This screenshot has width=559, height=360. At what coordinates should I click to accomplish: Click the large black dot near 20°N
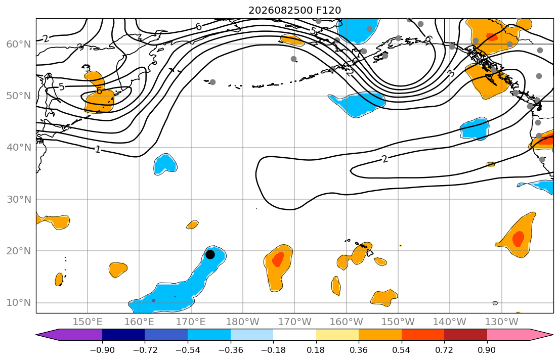210,254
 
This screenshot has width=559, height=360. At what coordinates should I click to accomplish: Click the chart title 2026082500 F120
294,10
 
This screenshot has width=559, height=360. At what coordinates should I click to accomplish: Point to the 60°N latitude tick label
19,44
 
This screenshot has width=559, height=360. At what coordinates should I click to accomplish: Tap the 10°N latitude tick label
19,303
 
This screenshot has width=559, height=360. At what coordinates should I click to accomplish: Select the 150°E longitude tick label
88,322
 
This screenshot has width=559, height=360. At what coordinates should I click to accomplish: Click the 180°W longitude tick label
243,322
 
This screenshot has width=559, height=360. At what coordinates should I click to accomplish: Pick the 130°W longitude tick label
502,322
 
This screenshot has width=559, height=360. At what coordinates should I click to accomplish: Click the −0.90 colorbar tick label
102,350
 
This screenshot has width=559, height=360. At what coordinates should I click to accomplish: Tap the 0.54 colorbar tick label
402,350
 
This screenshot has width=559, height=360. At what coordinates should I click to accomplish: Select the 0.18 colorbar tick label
316,350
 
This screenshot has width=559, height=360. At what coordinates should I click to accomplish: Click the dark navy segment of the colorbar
123,335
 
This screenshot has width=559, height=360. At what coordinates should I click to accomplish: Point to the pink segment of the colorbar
508,335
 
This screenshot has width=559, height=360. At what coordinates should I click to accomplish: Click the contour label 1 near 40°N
98,149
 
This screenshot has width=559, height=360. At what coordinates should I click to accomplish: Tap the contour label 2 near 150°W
384,159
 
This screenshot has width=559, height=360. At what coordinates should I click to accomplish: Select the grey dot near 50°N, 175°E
212,82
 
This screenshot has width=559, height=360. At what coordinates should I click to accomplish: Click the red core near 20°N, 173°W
278,259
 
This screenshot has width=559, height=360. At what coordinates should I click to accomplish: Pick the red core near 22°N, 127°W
519,239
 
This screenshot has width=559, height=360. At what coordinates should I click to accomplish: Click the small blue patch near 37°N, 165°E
165,164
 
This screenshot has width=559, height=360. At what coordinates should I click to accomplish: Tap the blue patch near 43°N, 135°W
475,128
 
